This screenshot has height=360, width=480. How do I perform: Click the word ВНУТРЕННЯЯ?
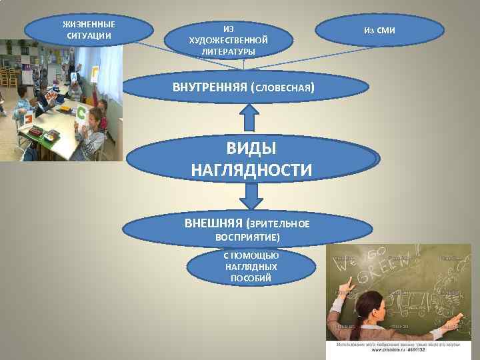coord(209,87)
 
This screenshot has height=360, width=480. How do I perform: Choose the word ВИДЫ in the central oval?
coord(251,147)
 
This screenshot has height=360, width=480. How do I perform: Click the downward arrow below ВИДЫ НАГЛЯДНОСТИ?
coord(249,196)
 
